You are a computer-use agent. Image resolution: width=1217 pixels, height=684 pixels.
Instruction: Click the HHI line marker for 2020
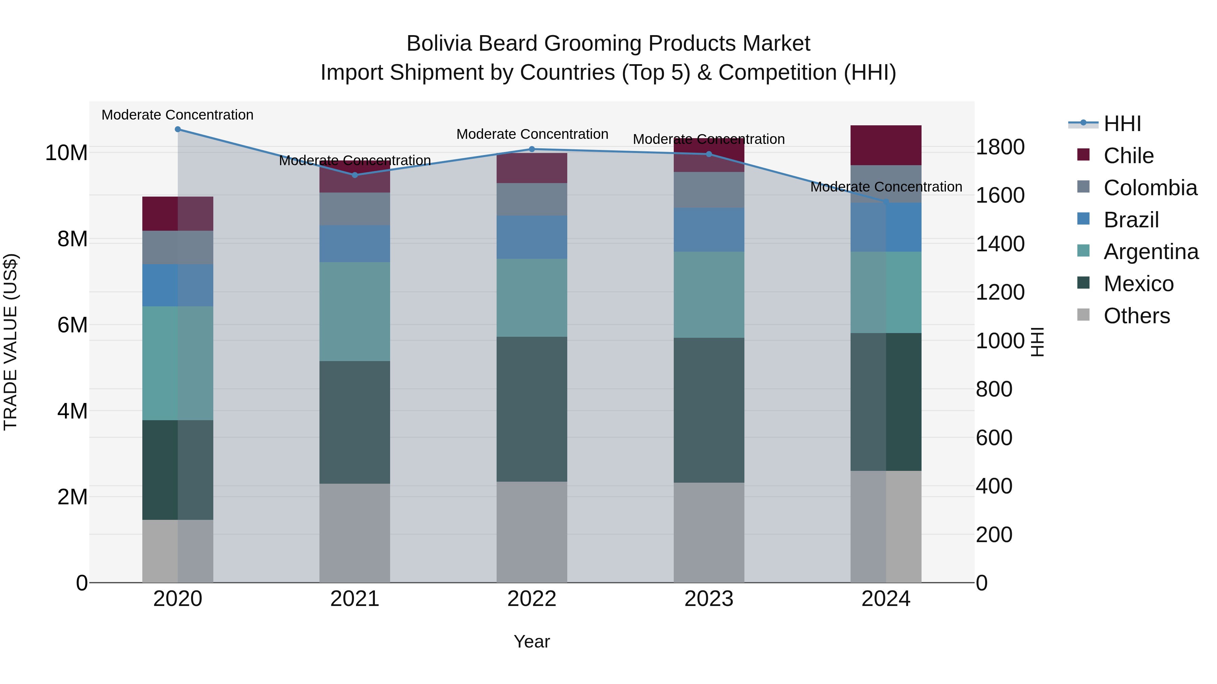pyautogui.click(x=177, y=129)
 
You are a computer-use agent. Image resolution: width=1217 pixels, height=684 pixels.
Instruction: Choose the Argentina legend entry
pyautogui.click(x=1151, y=252)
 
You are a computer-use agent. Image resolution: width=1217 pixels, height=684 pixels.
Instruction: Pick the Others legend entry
pyautogui.click(x=1136, y=316)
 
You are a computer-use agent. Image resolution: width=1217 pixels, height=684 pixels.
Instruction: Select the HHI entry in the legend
pyautogui.click(x=1122, y=124)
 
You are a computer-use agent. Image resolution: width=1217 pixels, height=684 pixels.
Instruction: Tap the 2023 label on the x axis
pyautogui.click(x=709, y=599)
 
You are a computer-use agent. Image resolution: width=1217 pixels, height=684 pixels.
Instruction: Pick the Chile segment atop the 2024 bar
pyautogui.click(x=886, y=145)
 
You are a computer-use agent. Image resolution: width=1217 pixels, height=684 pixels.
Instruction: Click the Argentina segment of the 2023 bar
pyautogui.click(x=709, y=295)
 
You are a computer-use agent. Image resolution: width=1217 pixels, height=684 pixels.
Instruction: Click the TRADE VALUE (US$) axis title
pyautogui.click(x=10, y=342)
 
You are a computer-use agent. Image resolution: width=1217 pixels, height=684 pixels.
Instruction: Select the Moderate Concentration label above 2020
pyautogui.click(x=177, y=115)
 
